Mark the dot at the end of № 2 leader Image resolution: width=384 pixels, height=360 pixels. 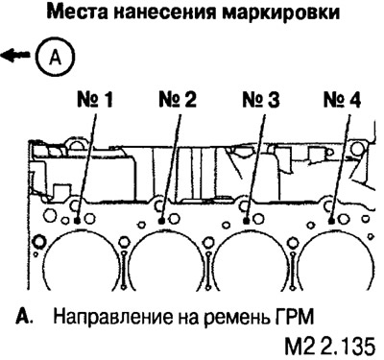162,219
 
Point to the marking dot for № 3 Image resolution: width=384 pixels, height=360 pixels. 247,219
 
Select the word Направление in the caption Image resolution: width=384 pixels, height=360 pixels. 101,315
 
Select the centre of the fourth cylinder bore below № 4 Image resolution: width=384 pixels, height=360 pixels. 336,274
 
